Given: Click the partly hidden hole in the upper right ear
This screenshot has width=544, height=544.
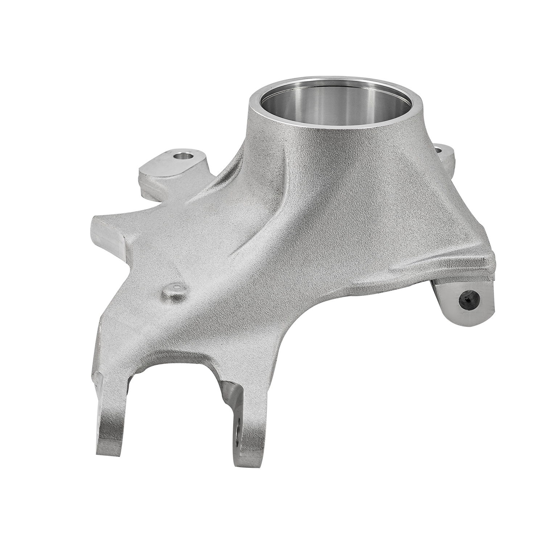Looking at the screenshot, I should (438, 149).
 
